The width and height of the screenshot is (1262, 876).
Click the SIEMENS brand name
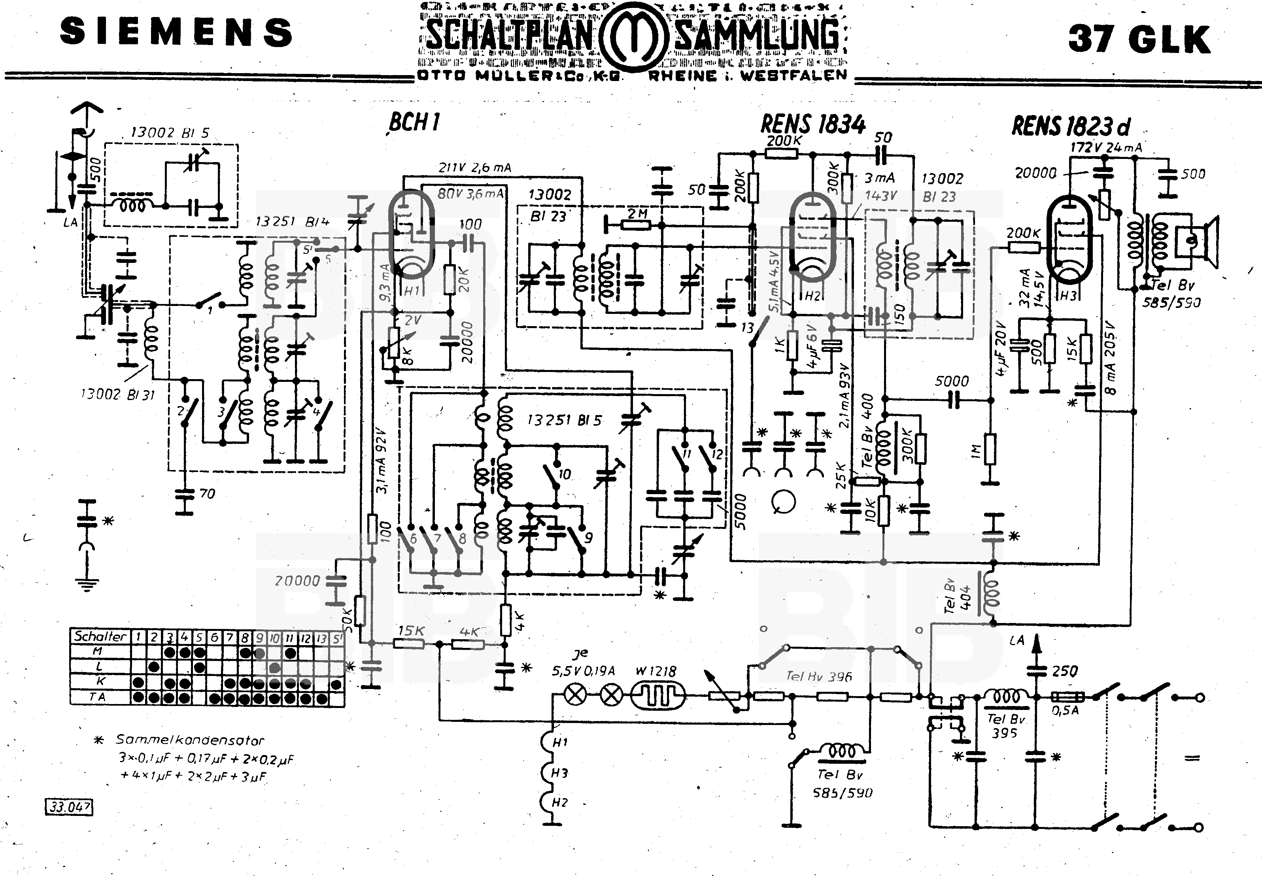click(x=176, y=32)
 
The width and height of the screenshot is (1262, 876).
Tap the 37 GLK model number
click(x=1139, y=39)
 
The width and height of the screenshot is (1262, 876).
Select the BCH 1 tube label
click(x=414, y=122)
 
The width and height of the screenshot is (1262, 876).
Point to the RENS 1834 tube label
click(x=812, y=124)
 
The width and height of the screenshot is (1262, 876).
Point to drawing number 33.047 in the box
click(x=69, y=807)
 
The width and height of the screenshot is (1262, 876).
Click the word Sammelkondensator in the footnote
click(x=189, y=740)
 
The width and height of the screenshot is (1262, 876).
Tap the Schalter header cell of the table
click(x=100, y=636)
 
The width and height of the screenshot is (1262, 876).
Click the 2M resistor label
click(x=637, y=213)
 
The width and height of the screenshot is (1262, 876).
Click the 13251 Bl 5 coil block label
click(x=564, y=420)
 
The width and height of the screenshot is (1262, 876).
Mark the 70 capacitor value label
click(x=207, y=493)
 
